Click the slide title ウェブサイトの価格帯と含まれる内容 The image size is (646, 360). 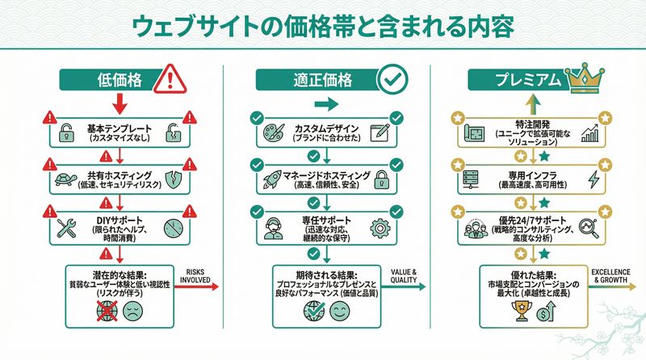(323, 27)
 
